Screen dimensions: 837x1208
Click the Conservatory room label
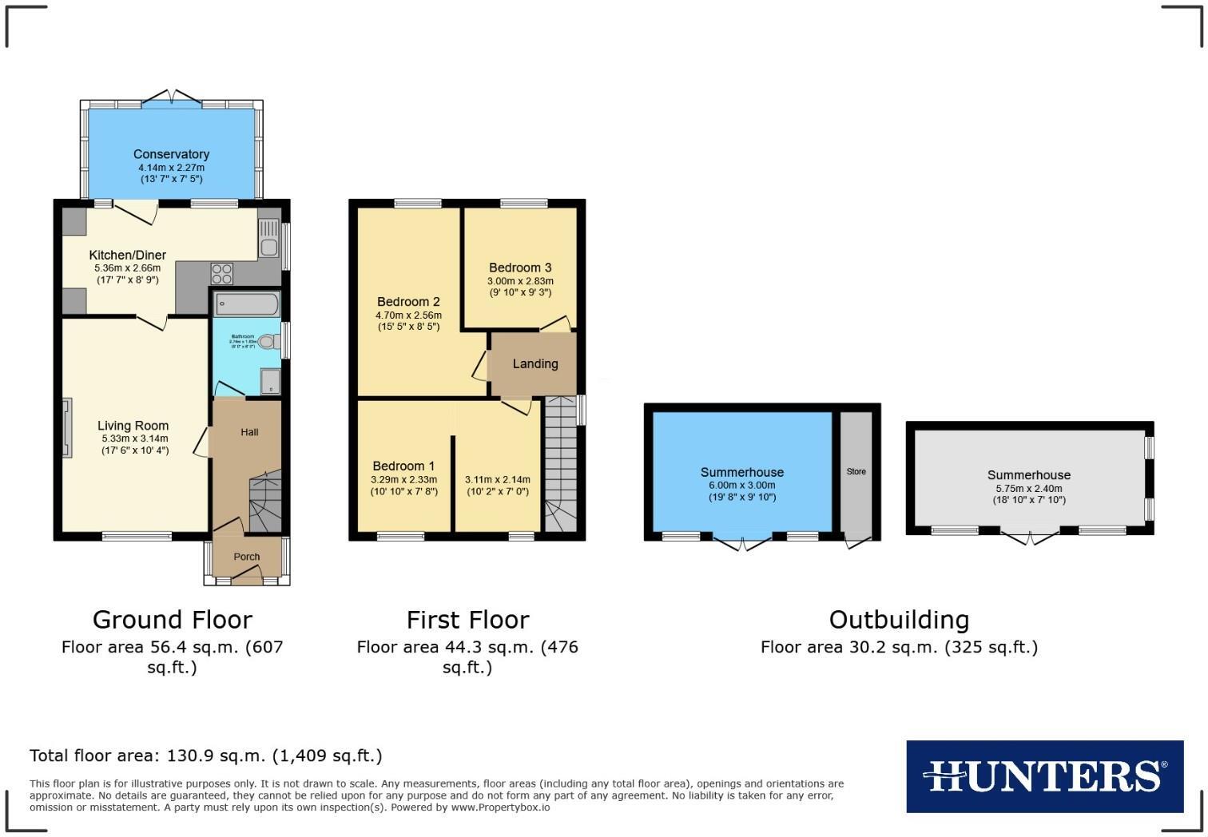coord(171,154)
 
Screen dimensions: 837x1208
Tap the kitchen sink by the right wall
coord(268,237)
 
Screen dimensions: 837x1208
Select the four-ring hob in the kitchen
coord(221,274)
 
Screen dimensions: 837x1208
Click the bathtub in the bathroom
coord(247,304)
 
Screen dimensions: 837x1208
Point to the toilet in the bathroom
coord(268,341)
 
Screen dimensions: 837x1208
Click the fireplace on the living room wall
coord(66,427)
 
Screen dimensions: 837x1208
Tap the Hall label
coord(249,432)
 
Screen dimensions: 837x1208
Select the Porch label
coord(247,557)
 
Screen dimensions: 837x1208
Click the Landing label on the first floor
coord(534,363)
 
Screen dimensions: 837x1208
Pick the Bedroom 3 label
coord(520,268)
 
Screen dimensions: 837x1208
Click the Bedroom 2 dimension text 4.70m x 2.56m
coord(408,315)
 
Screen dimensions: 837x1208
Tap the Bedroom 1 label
coord(403,466)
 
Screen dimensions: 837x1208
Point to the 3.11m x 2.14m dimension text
coord(497,480)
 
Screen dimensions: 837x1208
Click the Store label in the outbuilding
coord(856,471)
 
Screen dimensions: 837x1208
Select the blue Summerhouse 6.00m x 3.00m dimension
coord(741,486)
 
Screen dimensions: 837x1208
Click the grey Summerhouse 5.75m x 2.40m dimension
coord(1028,488)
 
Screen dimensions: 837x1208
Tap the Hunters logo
coord(1044,776)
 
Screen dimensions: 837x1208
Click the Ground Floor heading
coord(172,620)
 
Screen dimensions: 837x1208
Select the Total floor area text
coord(205,756)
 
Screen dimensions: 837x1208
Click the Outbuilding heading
coord(899,620)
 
